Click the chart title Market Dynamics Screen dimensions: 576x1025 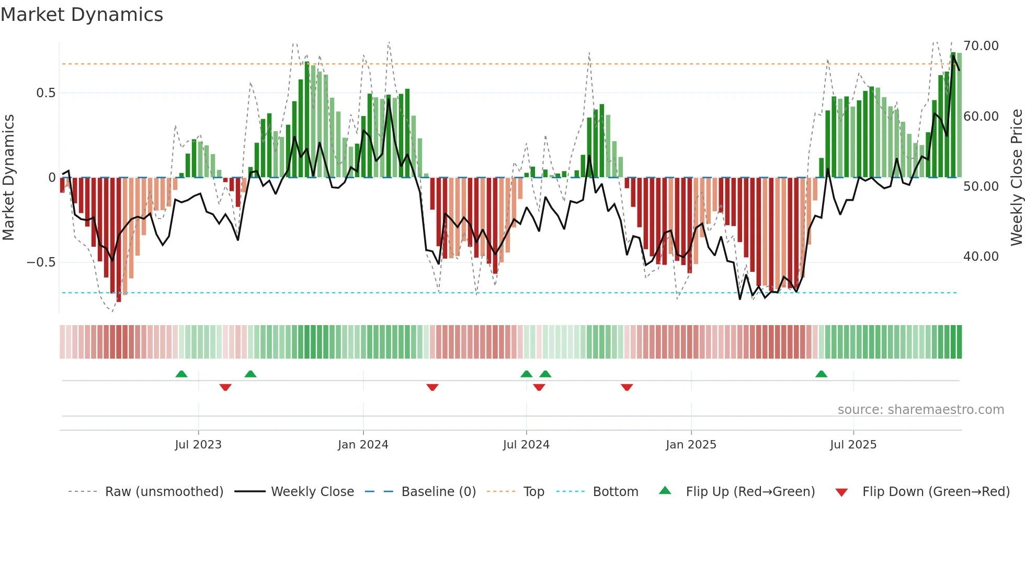(x=82, y=15)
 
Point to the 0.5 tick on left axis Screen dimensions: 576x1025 (x=45, y=93)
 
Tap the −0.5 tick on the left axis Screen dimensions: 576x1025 (x=41, y=262)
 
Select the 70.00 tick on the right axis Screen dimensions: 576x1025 (x=981, y=46)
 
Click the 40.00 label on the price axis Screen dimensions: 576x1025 (x=981, y=257)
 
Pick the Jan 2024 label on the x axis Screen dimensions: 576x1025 (x=363, y=445)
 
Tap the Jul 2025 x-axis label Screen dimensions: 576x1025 (x=853, y=445)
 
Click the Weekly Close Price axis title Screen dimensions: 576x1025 (x=1016, y=178)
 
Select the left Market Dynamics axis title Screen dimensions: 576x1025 (x=8, y=178)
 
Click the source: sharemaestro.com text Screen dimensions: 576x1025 (x=920, y=410)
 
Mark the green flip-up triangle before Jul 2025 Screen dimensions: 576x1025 (x=821, y=374)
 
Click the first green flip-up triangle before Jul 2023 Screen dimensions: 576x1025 (x=181, y=374)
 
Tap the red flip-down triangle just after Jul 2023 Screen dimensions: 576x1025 (x=225, y=387)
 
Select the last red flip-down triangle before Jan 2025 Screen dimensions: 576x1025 (x=627, y=387)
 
